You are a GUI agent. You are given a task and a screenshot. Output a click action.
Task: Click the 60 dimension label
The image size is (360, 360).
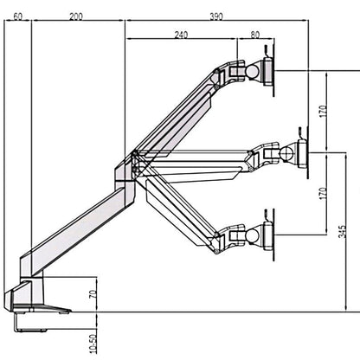pyautogui.click(x=17, y=16)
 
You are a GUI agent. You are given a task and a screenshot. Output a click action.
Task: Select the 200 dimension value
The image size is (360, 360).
pyautogui.click(x=76, y=16)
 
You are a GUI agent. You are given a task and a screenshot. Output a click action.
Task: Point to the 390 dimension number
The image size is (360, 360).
pyautogui.click(x=215, y=16)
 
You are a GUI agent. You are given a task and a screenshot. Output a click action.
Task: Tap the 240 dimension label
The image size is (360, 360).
pyautogui.click(x=181, y=35)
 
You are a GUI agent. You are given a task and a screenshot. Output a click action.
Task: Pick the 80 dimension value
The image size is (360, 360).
pyautogui.click(x=255, y=35)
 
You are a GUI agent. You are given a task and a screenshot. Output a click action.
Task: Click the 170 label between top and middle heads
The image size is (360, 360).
pyautogui.click(x=323, y=112)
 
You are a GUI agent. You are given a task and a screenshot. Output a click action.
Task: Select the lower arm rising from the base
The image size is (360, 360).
pyautogui.click(x=78, y=229)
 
